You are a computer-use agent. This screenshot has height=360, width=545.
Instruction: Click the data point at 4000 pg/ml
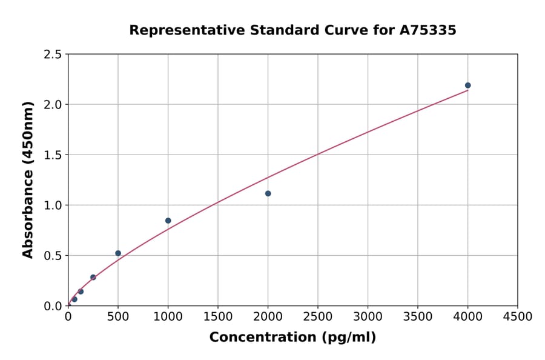(x=467, y=85)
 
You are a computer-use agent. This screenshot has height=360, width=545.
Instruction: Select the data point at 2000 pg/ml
(x=268, y=193)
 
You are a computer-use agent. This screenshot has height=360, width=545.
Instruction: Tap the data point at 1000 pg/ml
(x=168, y=221)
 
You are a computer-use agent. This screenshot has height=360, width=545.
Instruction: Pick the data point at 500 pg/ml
(x=118, y=253)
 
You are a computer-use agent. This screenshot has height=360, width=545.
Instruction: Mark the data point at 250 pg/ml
(x=93, y=277)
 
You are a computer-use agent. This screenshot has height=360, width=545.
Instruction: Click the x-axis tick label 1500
(x=218, y=317)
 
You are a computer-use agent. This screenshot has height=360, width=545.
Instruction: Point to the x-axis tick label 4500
(x=518, y=317)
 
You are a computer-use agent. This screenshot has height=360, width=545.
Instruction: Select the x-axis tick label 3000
(x=368, y=317)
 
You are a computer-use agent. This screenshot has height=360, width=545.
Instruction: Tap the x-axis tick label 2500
(x=318, y=317)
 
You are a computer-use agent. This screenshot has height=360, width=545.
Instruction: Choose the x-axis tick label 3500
(x=418, y=317)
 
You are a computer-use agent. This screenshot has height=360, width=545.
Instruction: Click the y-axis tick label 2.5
(x=53, y=55)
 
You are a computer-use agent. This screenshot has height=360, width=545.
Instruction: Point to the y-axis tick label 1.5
(x=53, y=155)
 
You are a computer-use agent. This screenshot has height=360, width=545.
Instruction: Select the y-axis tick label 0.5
(x=53, y=256)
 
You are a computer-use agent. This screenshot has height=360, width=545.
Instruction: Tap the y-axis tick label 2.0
(x=53, y=105)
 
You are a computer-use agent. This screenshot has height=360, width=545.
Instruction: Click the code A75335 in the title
(x=429, y=30)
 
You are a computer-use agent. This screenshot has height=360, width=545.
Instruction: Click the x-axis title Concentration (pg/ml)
(x=292, y=338)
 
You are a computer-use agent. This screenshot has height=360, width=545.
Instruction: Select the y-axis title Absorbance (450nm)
(x=28, y=179)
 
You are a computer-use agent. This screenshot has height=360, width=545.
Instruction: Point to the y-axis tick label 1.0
(x=53, y=205)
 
